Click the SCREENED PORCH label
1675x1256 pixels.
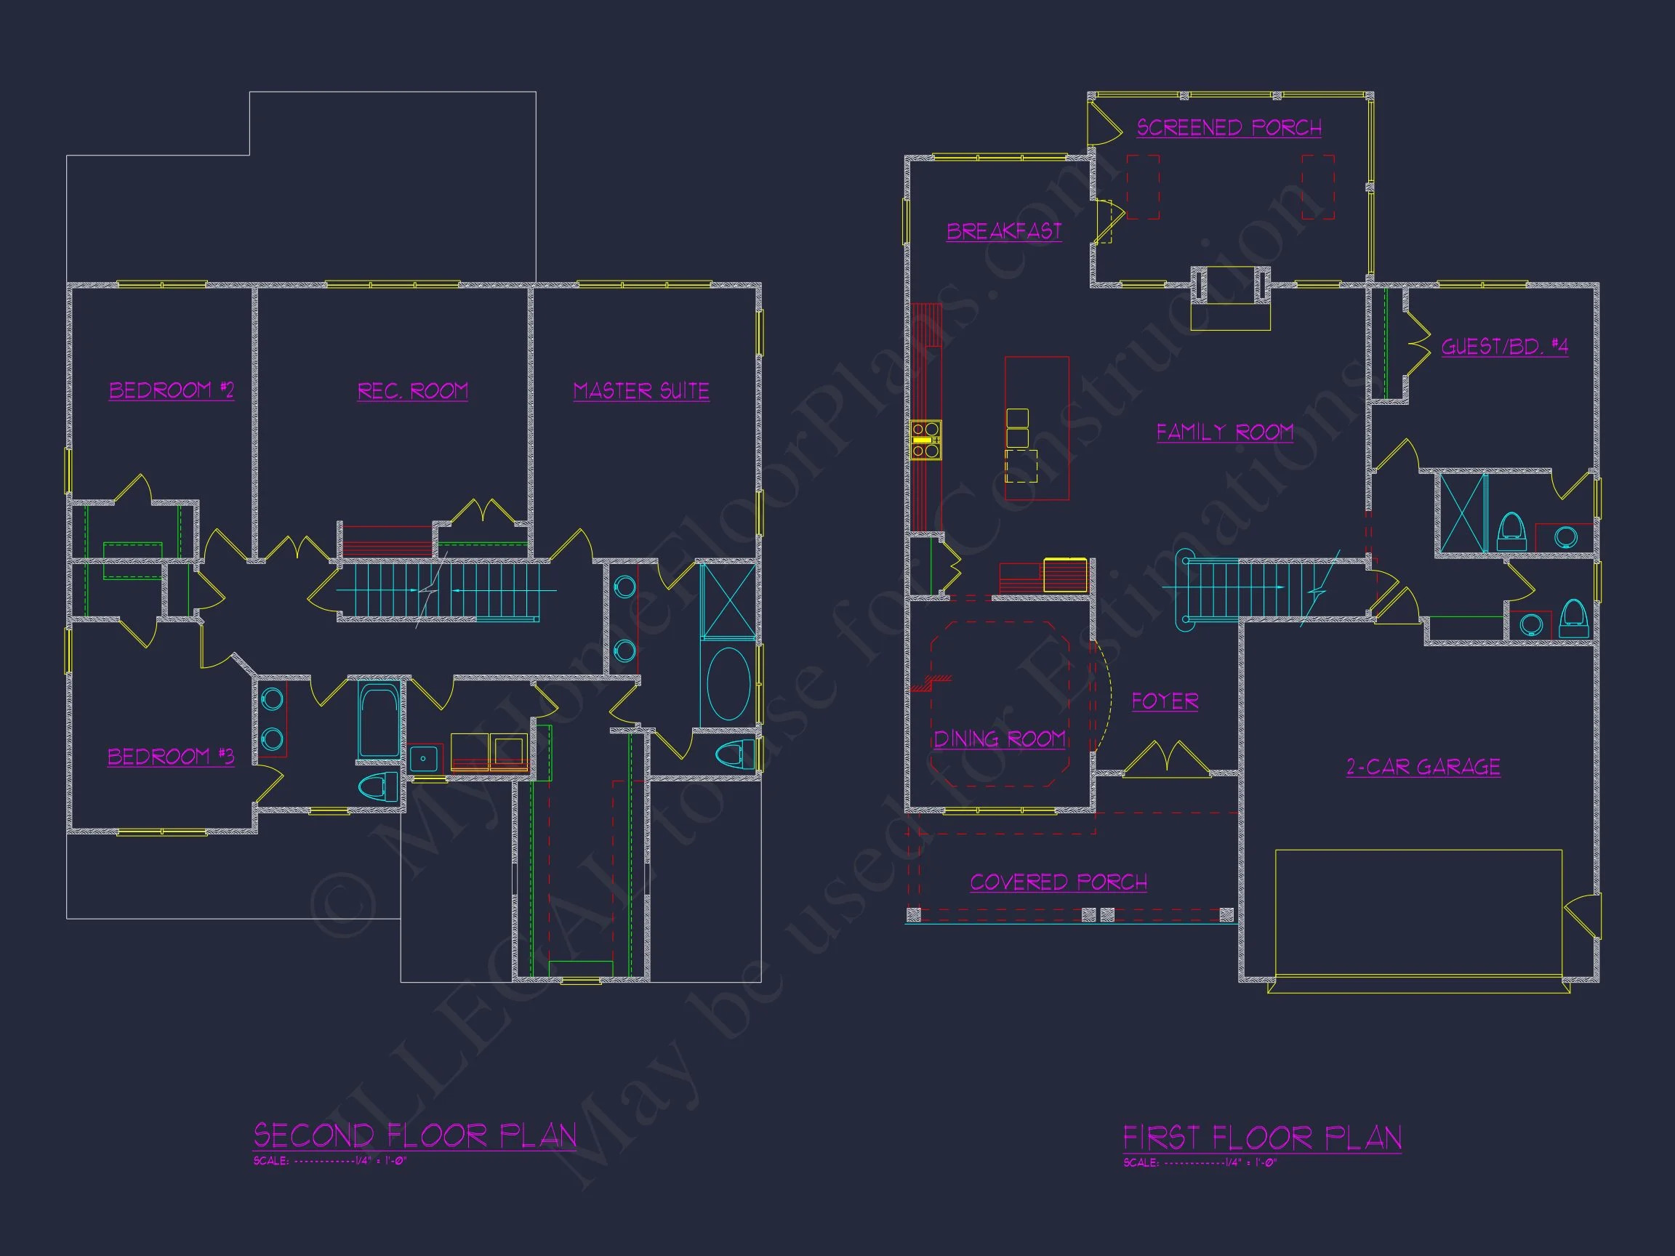pyautogui.click(x=1229, y=127)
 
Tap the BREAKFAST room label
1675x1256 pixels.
pyautogui.click(x=1004, y=231)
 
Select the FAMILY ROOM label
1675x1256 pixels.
pyautogui.click(x=1224, y=432)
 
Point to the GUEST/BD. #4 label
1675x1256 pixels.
pyautogui.click(x=1504, y=347)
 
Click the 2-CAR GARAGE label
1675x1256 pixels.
pyautogui.click(x=1423, y=767)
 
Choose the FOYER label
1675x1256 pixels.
pyautogui.click(x=1165, y=701)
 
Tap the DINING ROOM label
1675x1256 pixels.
pyautogui.click(x=1000, y=739)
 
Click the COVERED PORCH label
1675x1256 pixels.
pyautogui.click(x=1058, y=882)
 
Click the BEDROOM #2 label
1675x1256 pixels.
pyautogui.click(x=172, y=390)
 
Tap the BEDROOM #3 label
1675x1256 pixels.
pyautogui.click(x=171, y=757)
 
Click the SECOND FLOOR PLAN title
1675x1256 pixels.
pyautogui.click(x=415, y=1135)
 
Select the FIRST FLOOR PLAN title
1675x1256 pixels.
pyautogui.click(x=1261, y=1138)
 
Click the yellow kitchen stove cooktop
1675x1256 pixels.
pyautogui.click(x=925, y=440)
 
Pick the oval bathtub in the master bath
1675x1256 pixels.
pyautogui.click(x=728, y=684)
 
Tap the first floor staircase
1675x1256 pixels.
pyautogui.click(x=1242, y=587)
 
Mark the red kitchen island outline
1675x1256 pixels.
pyautogui.click(x=1037, y=429)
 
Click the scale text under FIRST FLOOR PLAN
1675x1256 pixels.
pyautogui.click(x=1200, y=1163)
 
